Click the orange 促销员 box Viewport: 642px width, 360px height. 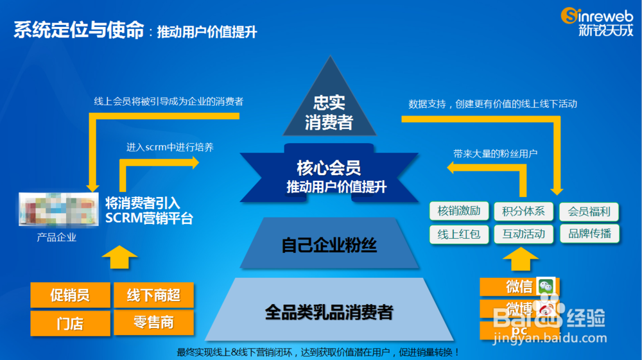click(70, 296)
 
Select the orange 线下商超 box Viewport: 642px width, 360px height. click(153, 296)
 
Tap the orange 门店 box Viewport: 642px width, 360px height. click(70, 322)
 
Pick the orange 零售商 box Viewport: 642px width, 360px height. click(153, 322)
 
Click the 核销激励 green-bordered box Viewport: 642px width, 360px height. click(459, 211)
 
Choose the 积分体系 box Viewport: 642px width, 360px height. click(524, 211)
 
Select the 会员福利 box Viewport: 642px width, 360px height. click(589, 211)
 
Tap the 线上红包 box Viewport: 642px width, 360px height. click(459, 234)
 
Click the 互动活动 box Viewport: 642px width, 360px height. click(524, 234)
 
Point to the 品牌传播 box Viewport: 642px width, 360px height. click(589, 234)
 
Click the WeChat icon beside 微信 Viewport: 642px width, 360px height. click(547, 287)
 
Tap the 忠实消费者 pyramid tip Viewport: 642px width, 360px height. click(329, 112)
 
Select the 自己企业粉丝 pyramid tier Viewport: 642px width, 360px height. click(329, 244)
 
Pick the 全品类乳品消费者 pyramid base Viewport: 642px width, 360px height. click(329, 313)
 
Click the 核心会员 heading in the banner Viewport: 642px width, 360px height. click(329, 168)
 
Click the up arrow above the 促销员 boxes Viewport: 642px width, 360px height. click(119, 259)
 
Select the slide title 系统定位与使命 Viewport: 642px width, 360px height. click(78, 30)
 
